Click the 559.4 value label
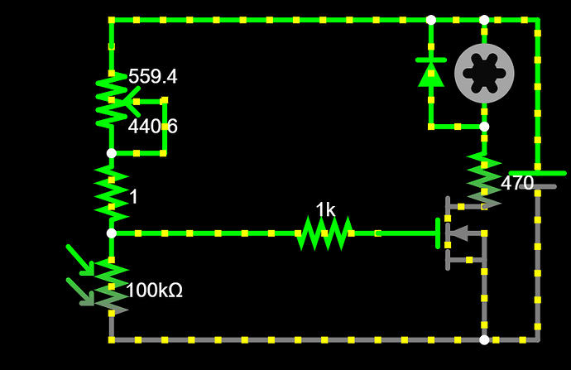(153, 77)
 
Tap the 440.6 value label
(153, 127)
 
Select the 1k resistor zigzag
(324, 233)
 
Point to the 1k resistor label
(325, 210)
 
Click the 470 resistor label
(517, 183)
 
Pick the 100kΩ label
(154, 291)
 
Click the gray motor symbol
(484, 73)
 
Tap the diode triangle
(431, 74)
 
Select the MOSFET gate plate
(438, 233)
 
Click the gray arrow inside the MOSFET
(459, 233)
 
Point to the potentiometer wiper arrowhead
(132, 101)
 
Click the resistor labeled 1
(112, 194)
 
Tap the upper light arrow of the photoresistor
(80, 260)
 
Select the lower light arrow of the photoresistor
(80, 291)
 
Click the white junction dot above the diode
(431, 20)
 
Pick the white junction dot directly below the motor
(484, 127)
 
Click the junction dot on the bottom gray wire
(484, 339)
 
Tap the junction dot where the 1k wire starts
(112, 233)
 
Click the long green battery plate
(538, 173)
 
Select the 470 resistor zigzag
(484, 180)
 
